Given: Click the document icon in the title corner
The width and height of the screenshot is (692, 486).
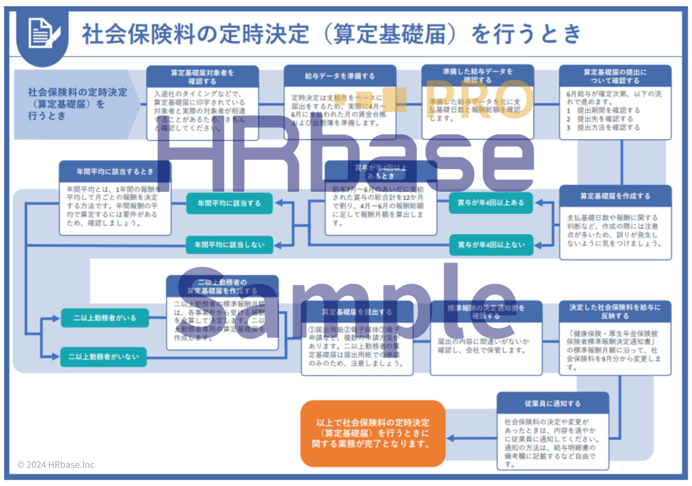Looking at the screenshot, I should pos(43,33).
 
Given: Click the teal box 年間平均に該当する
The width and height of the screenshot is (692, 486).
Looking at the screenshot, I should pos(229,203).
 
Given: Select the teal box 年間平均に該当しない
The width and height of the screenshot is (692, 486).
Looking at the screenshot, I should pos(229,245).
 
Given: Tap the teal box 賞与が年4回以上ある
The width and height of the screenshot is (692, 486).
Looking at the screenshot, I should pos(491,203).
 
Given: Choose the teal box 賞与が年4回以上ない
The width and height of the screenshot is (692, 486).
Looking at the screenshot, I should pos(491,245).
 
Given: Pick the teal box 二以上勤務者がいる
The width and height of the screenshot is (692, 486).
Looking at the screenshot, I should pos(104,318).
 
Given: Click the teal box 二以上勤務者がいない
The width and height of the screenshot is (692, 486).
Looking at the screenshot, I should pos(103,357).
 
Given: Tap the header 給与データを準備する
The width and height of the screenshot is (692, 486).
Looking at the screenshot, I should pos(339,76).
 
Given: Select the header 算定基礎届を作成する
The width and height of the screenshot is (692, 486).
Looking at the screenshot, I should pos(615,196).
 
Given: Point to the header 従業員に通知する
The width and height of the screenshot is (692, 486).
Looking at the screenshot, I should pos(553,403).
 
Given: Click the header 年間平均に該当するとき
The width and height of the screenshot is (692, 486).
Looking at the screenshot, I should pos(115,171).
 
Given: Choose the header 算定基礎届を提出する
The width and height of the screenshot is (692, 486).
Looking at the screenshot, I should pos(357,312).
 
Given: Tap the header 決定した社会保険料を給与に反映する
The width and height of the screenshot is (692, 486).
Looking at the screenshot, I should pos(615,312).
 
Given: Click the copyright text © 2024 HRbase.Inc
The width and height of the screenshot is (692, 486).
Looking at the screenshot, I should pos(56,465).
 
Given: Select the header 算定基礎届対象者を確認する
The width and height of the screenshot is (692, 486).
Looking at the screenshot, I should pos(202,77).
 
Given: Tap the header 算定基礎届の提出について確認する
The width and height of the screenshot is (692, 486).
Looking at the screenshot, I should pos(615,76).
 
